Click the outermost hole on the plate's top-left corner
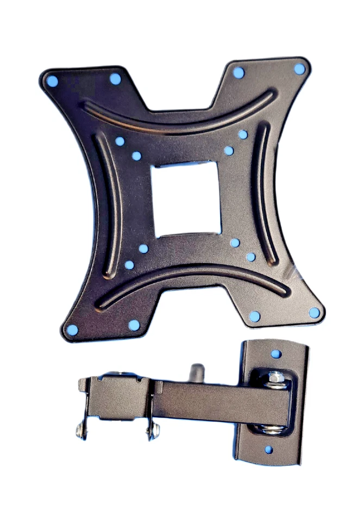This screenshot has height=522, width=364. coord(52,82)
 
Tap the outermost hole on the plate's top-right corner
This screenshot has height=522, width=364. coord(299,69)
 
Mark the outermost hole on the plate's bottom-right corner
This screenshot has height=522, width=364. coord(314,313)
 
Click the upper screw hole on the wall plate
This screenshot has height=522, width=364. coord(276,354)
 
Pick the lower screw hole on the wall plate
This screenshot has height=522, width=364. coord(268,450)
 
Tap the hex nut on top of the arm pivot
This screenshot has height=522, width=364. coord(275,377)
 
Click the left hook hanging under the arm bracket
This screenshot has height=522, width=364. coord(81,430)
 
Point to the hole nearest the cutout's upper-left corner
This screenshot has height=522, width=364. coord(136,156)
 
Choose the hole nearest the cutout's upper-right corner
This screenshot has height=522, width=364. coord(229,151)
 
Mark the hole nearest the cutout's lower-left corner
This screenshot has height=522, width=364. coord(143,248)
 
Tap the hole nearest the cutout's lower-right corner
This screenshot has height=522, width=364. coord(235,243)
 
